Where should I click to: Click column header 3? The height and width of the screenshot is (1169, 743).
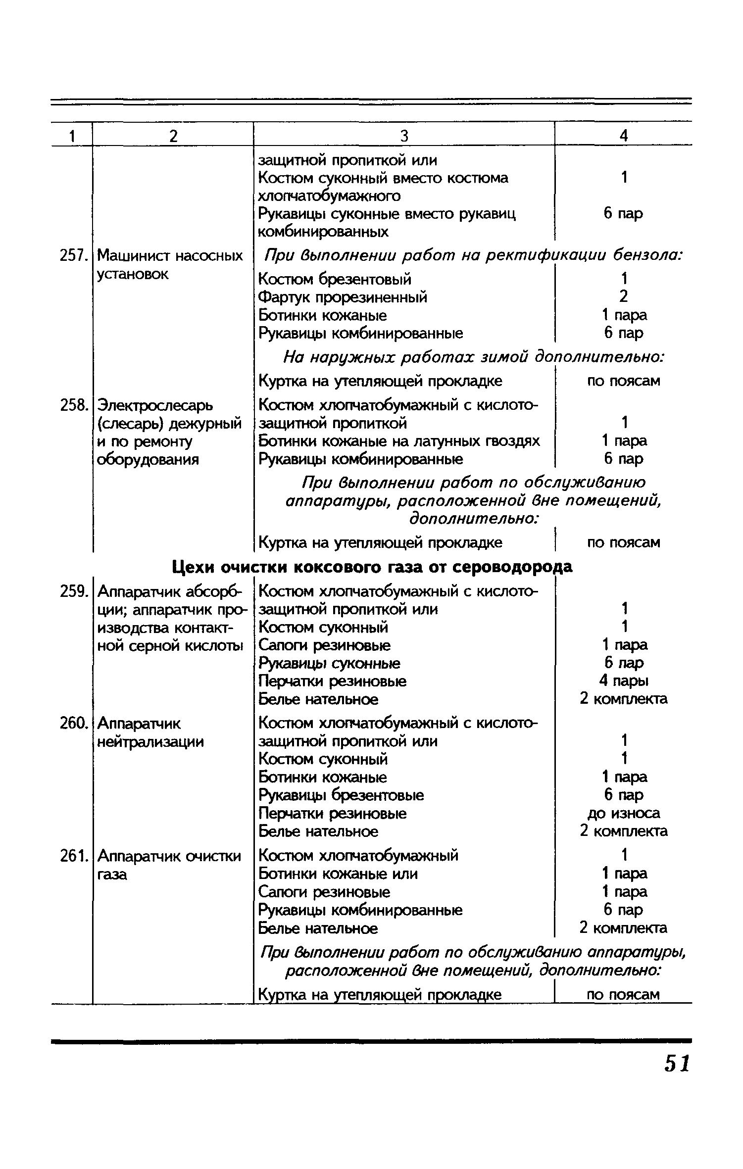(404, 136)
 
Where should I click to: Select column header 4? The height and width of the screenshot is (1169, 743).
(624, 136)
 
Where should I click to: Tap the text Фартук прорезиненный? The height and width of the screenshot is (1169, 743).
(343, 297)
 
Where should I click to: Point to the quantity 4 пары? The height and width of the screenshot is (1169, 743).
(624, 681)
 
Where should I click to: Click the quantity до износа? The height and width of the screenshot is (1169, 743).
(624, 813)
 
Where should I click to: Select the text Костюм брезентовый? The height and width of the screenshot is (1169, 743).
(335, 279)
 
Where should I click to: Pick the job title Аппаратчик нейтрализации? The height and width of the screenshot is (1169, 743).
(150, 732)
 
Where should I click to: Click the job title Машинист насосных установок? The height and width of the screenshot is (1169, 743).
(170, 265)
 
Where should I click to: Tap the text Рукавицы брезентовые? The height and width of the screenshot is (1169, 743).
(342, 795)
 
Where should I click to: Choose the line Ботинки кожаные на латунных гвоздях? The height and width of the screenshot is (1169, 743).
(399, 441)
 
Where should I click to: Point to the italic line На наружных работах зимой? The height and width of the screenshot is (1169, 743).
(473, 357)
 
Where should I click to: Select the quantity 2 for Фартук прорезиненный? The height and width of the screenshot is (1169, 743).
(624, 297)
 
